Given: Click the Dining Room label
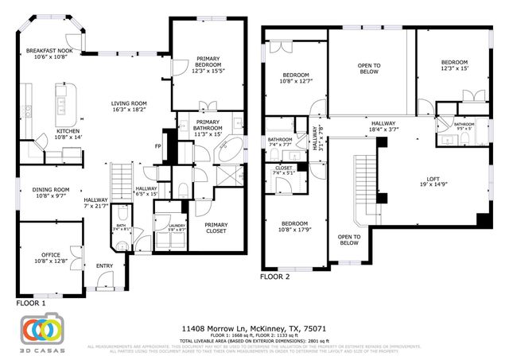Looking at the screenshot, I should pos(49,193).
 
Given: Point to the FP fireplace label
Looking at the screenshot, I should pos(158,148).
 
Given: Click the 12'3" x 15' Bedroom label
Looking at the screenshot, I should pos(454,65).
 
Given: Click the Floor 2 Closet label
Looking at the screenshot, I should pos(284,170).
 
